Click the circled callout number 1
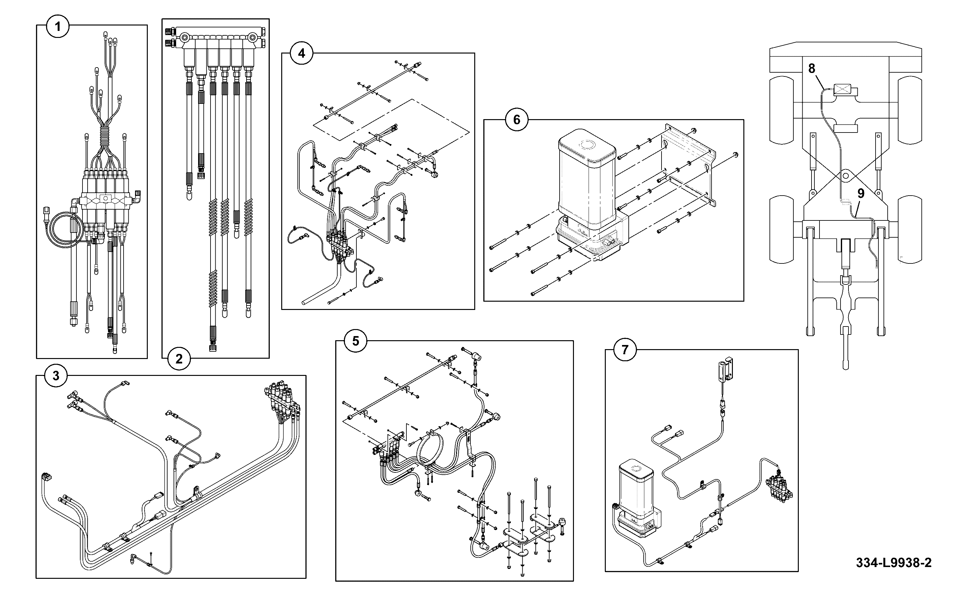click(x=58, y=26)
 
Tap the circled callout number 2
click(x=179, y=359)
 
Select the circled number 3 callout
click(x=56, y=376)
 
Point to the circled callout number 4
click(x=302, y=53)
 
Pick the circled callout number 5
click(x=355, y=341)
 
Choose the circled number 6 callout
click(x=517, y=119)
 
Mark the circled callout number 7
click(x=625, y=349)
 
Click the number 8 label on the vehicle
click(x=812, y=68)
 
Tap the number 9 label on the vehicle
click(x=861, y=194)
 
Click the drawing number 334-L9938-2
click(x=894, y=563)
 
